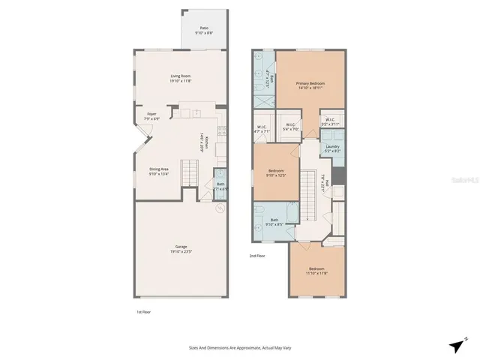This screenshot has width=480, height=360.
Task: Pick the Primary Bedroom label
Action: (310, 85)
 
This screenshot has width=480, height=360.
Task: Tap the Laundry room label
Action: (332, 148)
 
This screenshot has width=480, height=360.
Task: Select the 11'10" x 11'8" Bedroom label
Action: (316, 271)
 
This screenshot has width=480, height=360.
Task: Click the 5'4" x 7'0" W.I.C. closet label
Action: (290, 127)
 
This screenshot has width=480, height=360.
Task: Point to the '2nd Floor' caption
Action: (258, 256)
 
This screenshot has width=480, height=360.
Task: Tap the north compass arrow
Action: (456, 344)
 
